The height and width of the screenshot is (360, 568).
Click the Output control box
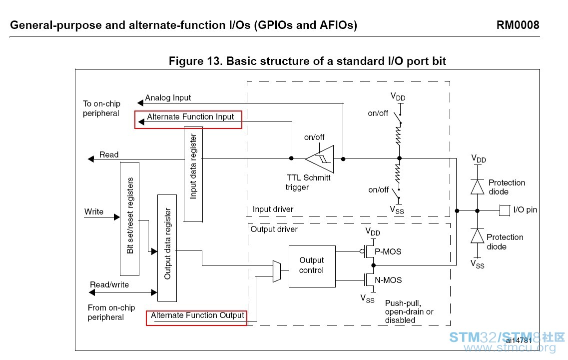tap(312, 266)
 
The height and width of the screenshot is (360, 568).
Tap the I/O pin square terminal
tap(505, 210)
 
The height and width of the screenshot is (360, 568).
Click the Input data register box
tap(193, 174)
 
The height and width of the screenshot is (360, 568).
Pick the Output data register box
tap(167, 248)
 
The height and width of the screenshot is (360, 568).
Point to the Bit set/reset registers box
tap(130, 219)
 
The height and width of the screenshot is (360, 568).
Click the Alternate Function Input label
tap(190, 116)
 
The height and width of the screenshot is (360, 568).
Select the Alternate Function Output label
tap(197, 315)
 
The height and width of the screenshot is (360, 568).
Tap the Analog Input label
tap(168, 98)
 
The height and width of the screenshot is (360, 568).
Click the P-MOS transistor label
tap(388, 251)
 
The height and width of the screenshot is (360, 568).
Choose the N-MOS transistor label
tap(388, 280)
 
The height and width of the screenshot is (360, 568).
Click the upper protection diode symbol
tap(477, 187)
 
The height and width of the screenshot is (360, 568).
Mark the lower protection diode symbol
tap(477, 236)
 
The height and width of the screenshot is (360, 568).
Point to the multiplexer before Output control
tap(277, 271)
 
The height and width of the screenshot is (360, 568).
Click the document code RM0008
tap(518, 25)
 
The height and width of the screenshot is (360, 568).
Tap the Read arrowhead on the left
tap(91, 159)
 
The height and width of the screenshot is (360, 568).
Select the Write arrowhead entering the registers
tap(116, 217)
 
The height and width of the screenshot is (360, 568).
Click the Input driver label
tap(273, 209)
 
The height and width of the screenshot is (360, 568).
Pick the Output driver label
tap(274, 229)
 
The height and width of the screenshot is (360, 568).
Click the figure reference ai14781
tap(519, 340)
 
